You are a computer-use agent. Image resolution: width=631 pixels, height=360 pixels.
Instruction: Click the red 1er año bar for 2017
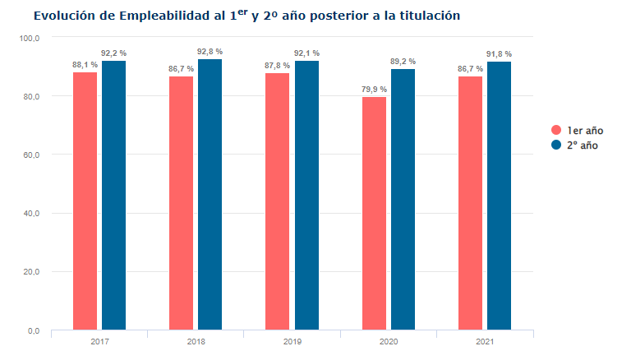pos(85,201)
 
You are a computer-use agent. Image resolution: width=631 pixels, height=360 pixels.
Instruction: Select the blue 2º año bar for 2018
pos(210,195)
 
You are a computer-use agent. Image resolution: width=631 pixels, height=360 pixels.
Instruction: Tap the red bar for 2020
pos(374,214)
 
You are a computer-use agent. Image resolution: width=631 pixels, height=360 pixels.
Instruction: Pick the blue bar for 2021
pos(499,196)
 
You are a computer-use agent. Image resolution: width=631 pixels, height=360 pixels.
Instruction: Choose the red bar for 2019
pos(278,201)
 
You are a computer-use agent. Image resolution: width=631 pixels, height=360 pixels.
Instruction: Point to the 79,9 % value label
pos(374,90)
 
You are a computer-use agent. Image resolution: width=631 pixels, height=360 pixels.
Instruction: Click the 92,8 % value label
pos(210,52)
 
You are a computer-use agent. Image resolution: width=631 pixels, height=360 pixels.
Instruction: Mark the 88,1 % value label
pos(85,65)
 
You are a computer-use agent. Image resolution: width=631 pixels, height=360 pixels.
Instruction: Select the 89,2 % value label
pos(403,62)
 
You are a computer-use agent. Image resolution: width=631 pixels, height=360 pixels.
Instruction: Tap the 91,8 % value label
pos(499,54)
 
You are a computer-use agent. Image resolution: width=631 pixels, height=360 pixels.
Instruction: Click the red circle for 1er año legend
pos(556,130)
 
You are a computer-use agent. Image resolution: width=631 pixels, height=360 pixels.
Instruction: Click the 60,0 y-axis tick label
pos(32,155)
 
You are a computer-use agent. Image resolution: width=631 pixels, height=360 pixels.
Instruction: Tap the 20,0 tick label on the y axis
pos(32,272)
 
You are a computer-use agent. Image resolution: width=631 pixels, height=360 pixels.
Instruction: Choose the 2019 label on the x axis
pos(292,340)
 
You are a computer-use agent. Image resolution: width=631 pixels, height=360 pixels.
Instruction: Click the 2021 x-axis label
pos(485,340)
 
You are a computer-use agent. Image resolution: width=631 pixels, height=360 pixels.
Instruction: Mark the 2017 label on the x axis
pos(99,340)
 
